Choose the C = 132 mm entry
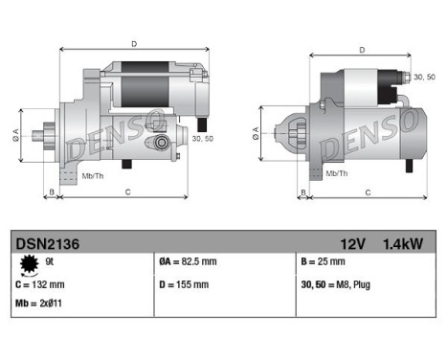coord(40,283)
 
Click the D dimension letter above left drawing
coord(134,43)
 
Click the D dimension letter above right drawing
coord(362,50)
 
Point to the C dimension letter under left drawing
coord(128,192)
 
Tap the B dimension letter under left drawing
coord(51,192)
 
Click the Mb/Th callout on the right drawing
coord(337,173)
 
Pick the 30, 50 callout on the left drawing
coord(202,139)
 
